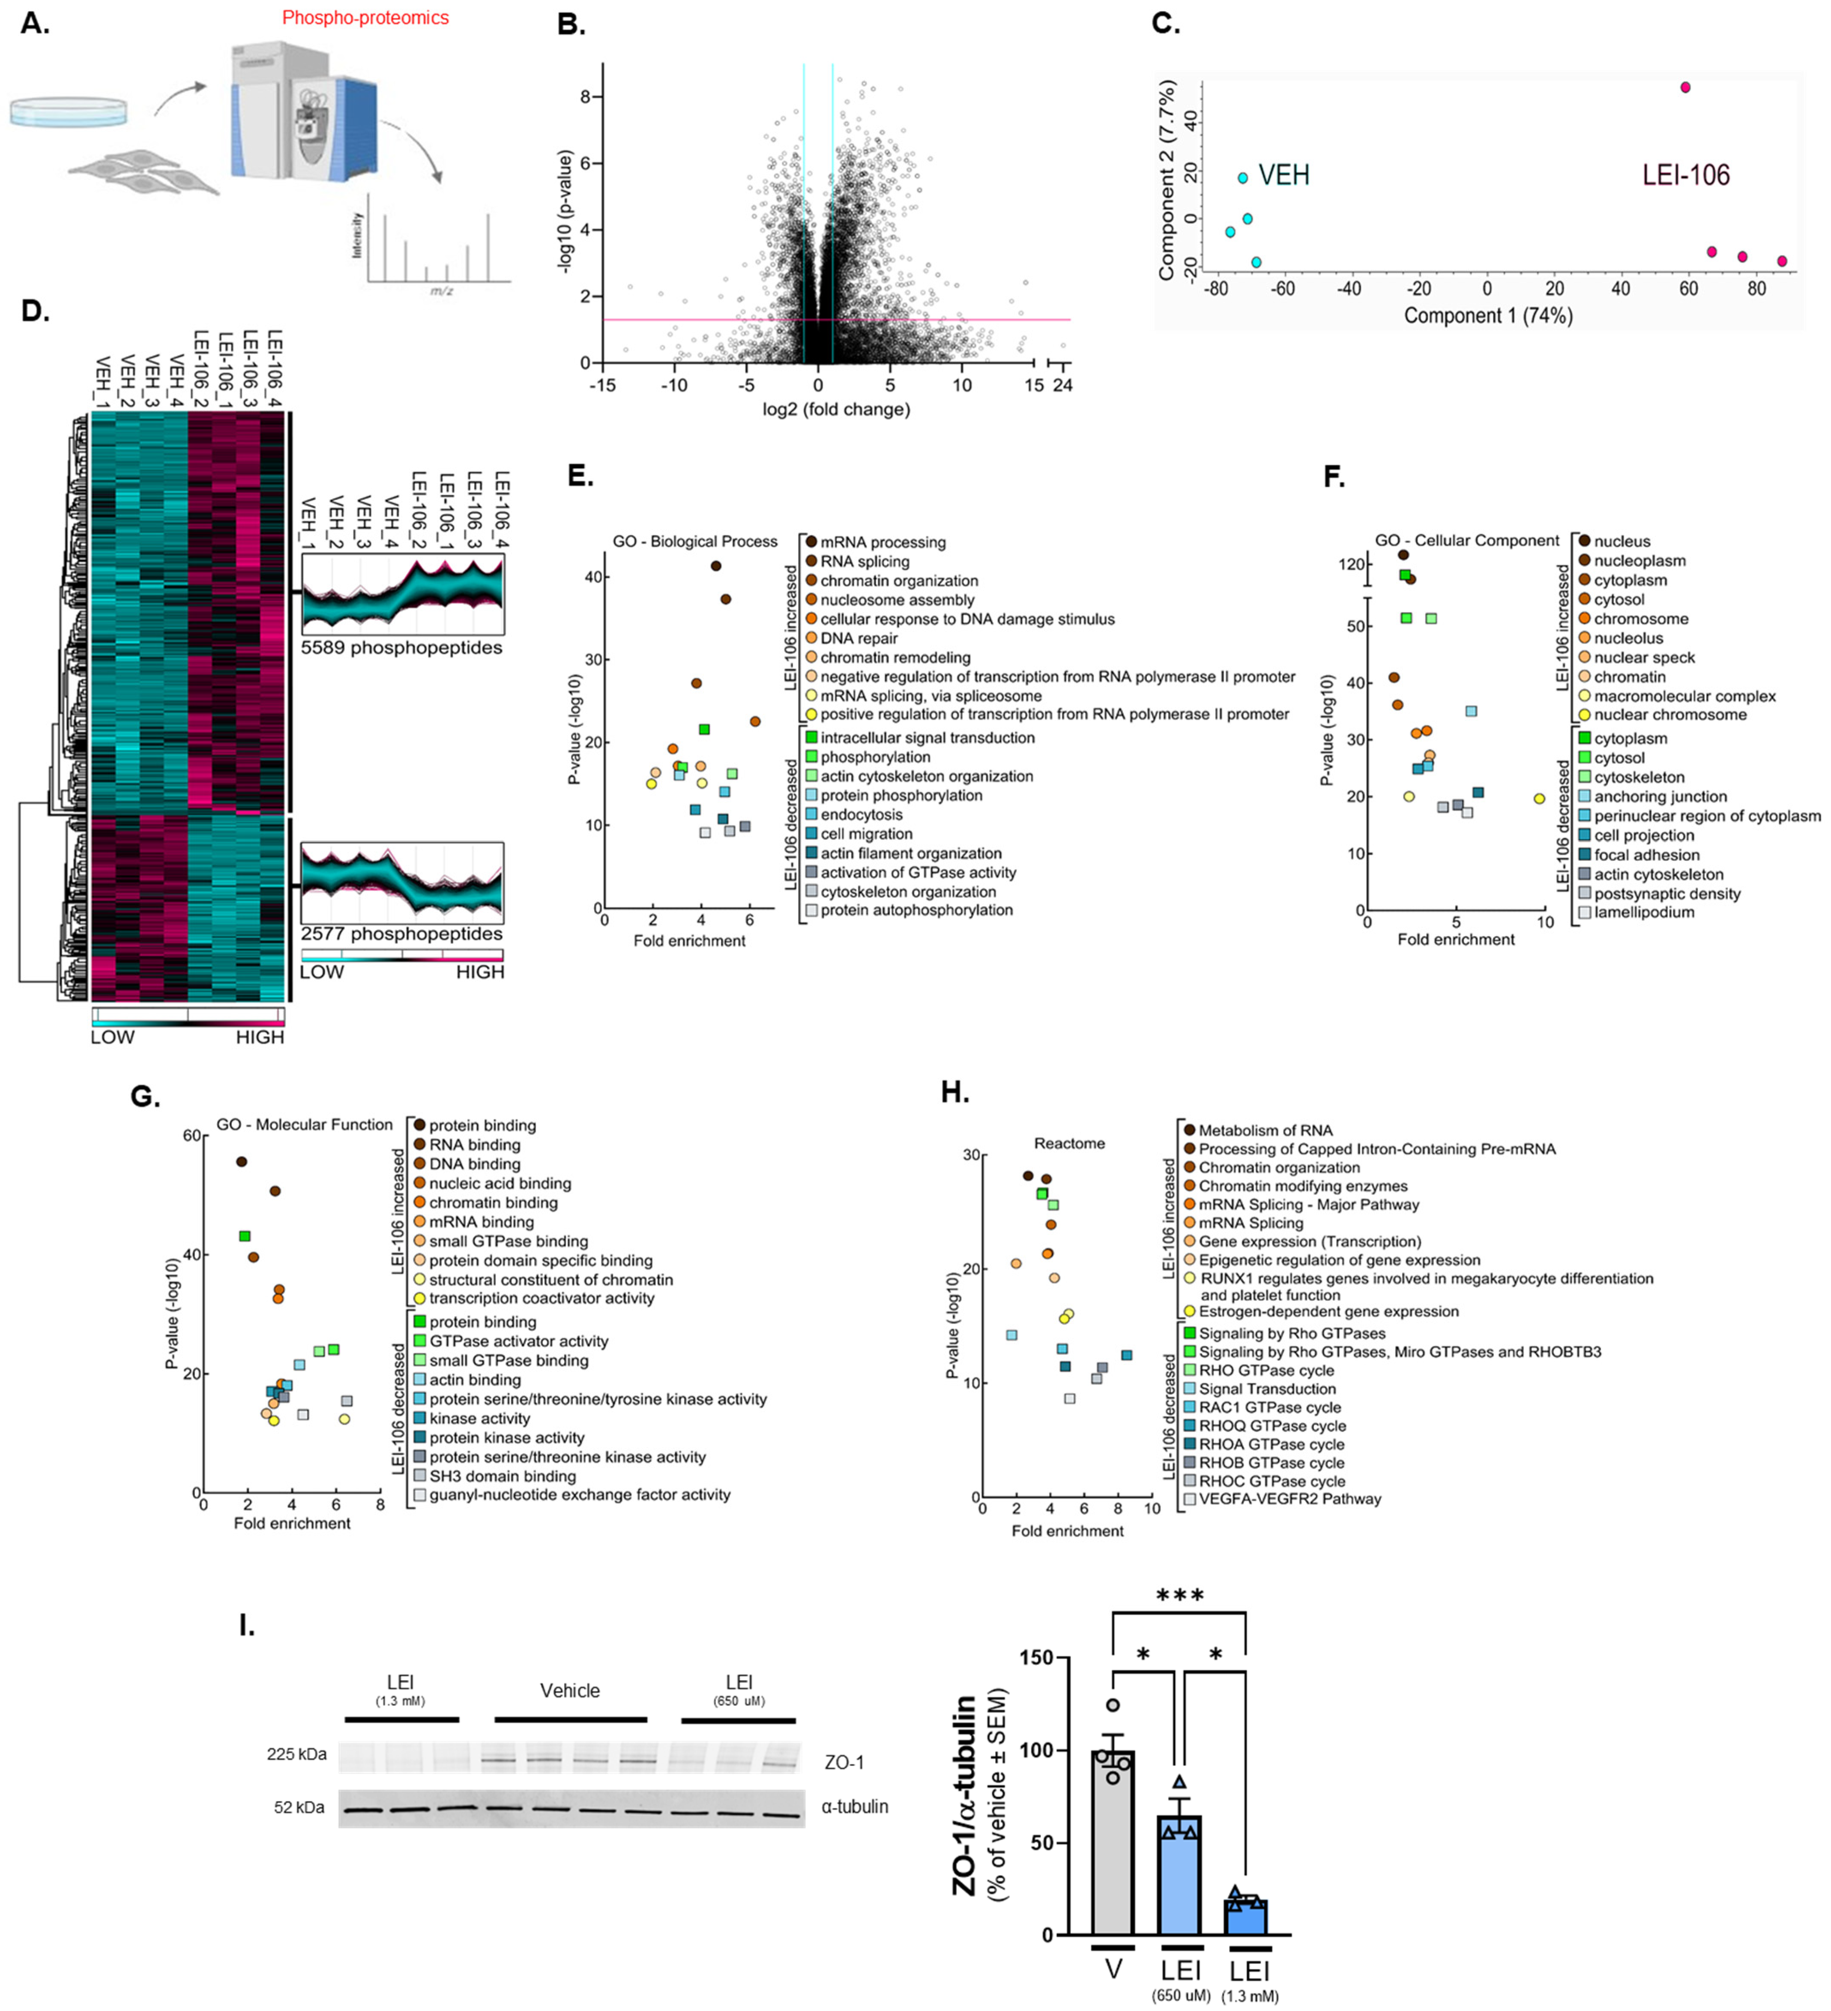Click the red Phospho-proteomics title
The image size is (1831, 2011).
[365, 18]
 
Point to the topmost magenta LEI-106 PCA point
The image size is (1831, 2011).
[1685, 88]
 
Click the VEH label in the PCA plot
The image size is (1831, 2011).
[1283, 176]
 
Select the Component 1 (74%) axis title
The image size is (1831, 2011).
[1488, 316]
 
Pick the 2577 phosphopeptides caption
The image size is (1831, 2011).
[401, 934]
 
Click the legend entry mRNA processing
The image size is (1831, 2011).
[883, 543]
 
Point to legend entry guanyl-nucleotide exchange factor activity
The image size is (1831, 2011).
[580, 1494]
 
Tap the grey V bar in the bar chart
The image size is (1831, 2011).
[1113, 1845]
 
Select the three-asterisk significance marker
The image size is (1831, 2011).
[1180, 1595]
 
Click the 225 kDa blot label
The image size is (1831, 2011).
[296, 1754]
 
